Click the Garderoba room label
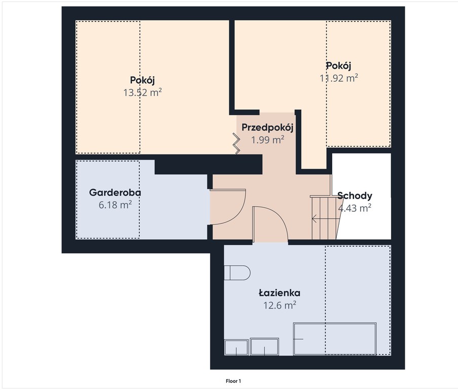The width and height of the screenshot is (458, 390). point(115,192)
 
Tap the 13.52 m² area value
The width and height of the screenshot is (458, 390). point(143,93)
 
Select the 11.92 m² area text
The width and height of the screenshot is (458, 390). point(339,78)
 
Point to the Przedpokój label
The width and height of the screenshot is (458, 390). point(268,127)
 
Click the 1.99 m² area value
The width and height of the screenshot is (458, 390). point(268,140)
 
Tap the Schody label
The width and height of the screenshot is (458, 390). point(355,196)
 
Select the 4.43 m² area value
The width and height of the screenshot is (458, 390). point(355,208)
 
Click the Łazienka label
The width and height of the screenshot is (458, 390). point(279,292)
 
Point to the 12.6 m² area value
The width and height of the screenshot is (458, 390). point(280,305)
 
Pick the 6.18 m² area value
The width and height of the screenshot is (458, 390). point(115,205)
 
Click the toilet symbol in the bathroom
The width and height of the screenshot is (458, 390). point(237,273)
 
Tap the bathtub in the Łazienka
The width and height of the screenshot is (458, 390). point(335,339)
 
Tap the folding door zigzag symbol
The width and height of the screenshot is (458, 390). point(236,143)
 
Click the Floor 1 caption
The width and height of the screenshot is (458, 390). point(233,381)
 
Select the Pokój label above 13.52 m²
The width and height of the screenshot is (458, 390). point(143,80)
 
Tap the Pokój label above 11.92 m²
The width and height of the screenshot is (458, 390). point(338,66)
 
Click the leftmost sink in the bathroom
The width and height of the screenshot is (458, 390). point(236,347)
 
